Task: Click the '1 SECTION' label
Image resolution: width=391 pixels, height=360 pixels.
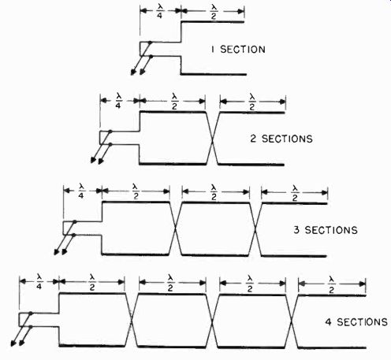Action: [238, 50]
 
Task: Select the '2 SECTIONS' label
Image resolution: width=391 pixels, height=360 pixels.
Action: [281, 139]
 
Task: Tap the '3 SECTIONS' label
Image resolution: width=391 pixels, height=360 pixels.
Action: [326, 230]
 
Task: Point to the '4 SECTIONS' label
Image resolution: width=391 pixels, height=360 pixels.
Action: [356, 321]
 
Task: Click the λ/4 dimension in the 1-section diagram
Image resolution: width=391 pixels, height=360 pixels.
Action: [159, 12]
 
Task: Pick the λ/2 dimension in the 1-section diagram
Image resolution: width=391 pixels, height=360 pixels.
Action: [214, 12]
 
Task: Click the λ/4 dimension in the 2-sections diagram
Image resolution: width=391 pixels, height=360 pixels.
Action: [118, 102]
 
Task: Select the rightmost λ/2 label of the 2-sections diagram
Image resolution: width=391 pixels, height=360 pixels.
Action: [252, 102]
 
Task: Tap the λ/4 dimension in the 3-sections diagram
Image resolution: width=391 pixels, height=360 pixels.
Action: [81, 191]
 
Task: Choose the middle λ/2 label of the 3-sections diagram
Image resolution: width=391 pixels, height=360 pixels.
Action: [214, 192]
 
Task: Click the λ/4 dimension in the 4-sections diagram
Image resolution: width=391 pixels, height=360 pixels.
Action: [39, 282]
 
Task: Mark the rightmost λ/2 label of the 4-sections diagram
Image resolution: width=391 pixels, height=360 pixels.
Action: [331, 284]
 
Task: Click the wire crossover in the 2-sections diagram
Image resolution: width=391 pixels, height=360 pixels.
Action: [212, 139]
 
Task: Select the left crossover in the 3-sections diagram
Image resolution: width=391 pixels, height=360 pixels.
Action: [176, 228]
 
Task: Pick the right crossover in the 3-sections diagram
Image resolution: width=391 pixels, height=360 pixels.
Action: [255, 229]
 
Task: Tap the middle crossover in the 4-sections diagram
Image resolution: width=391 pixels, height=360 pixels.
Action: [212, 321]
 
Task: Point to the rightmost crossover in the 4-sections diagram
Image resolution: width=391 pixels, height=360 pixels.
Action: [292, 321]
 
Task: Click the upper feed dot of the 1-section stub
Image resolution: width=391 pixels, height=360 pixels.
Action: [150, 42]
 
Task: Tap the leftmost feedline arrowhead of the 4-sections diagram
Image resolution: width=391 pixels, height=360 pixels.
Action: [13, 343]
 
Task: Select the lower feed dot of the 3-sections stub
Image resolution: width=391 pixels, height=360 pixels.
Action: [73, 235]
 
